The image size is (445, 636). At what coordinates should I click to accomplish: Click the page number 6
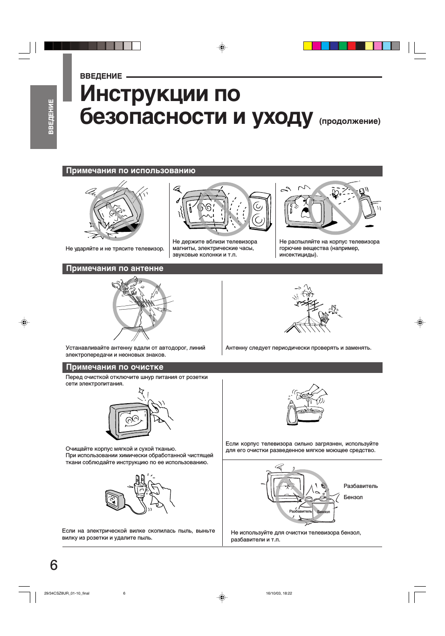tap(54, 565)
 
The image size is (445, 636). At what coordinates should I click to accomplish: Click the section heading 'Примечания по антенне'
tap(115, 269)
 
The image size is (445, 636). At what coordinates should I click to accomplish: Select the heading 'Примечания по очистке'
tap(115, 367)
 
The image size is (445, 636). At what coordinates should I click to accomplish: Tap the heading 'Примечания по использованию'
tap(130, 171)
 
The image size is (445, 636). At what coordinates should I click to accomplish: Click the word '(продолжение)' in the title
tap(349, 121)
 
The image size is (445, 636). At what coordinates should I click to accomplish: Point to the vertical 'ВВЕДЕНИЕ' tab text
tap(51, 117)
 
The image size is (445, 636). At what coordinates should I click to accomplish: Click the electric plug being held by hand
tap(140, 487)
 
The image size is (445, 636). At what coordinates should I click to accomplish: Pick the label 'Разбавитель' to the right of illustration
tap(360, 486)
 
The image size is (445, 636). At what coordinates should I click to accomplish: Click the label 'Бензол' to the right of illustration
tap(353, 497)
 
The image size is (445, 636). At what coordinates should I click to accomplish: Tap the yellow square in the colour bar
tap(308, 46)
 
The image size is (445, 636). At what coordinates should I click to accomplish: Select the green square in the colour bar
tap(343, 46)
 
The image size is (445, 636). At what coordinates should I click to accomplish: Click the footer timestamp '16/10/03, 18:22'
tap(279, 594)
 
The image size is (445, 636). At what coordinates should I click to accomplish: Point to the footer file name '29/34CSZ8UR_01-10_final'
tap(66, 594)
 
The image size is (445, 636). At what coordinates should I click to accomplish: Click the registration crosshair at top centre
tap(222, 47)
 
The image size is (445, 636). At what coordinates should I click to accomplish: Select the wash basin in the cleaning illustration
tap(309, 413)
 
